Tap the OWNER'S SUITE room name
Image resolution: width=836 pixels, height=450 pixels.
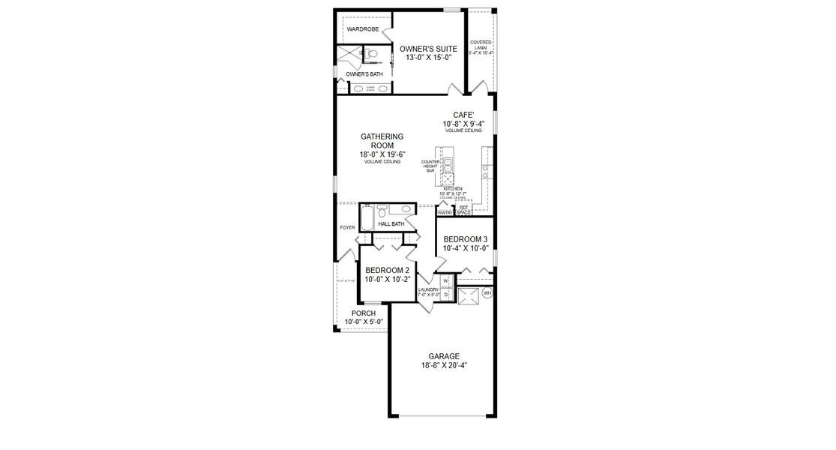click(428, 48)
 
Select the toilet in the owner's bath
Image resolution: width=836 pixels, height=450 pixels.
click(370, 54)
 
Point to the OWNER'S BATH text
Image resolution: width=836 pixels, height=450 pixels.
click(364, 74)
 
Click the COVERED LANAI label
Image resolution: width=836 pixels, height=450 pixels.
click(481, 47)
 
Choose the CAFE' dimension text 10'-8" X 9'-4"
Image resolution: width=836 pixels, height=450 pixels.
click(463, 124)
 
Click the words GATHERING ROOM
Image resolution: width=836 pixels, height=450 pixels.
click(382, 141)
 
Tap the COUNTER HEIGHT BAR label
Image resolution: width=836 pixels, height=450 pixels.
click(430, 166)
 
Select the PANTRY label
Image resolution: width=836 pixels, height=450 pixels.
click(445, 213)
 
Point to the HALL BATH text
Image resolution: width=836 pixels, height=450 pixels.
click(391, 223)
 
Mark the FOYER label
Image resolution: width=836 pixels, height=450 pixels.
click(346, 227)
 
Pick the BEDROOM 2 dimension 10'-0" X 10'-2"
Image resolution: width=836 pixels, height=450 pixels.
click(386, 279)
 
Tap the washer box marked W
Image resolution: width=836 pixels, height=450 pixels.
click(445, 281)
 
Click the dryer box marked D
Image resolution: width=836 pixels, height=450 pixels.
click(445, 294)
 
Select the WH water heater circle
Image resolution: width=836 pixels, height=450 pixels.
click(487, 292)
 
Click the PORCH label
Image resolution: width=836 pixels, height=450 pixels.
click(364, 313)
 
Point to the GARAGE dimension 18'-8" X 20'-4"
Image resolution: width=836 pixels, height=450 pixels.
click(444, 365)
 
